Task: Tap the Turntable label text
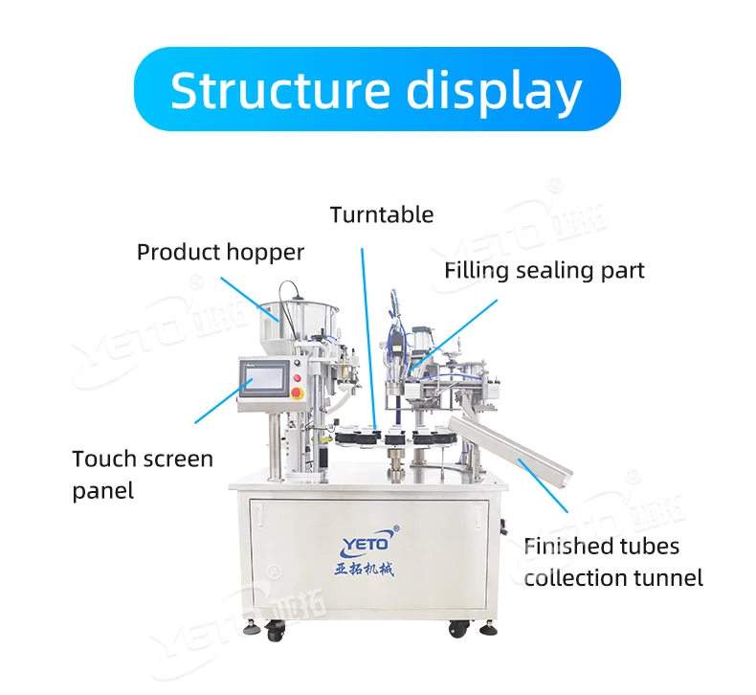click(x=382, y=214)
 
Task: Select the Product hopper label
click(x=220, y=253)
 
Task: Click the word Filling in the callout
click(x=476, y=271)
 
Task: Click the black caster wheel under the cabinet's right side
click(x=461, y=630)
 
